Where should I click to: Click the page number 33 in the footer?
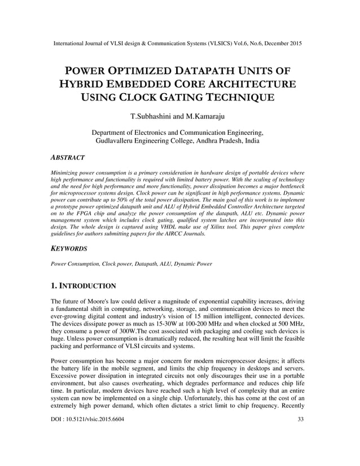pyautogui.click(x=301, y=451)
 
